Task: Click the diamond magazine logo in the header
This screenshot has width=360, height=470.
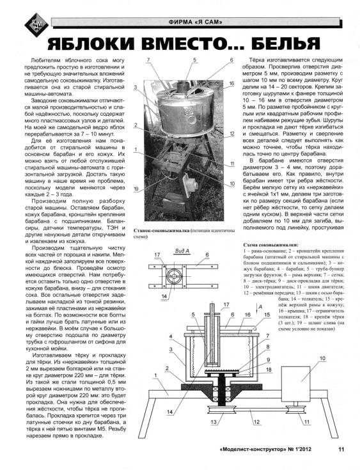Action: point(36,25)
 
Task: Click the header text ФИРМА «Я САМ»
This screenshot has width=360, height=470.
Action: point(196,22)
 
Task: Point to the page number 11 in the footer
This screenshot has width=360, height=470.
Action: point(341,449)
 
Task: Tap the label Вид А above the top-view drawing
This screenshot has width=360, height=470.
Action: point(182,251)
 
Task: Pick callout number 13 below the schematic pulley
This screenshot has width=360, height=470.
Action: point(214,422)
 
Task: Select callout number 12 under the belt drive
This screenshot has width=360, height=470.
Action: point(256,422)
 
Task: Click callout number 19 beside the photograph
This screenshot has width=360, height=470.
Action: point(136,189)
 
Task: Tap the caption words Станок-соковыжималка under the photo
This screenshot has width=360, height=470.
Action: point(162,231)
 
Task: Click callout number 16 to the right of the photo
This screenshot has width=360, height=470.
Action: point(231,84)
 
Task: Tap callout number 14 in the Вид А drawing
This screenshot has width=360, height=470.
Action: point(164,296)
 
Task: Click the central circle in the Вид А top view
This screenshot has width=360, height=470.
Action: point(174,276)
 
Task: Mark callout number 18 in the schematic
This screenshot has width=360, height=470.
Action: point(269,370)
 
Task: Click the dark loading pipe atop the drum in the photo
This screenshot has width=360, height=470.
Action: point(182,88)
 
